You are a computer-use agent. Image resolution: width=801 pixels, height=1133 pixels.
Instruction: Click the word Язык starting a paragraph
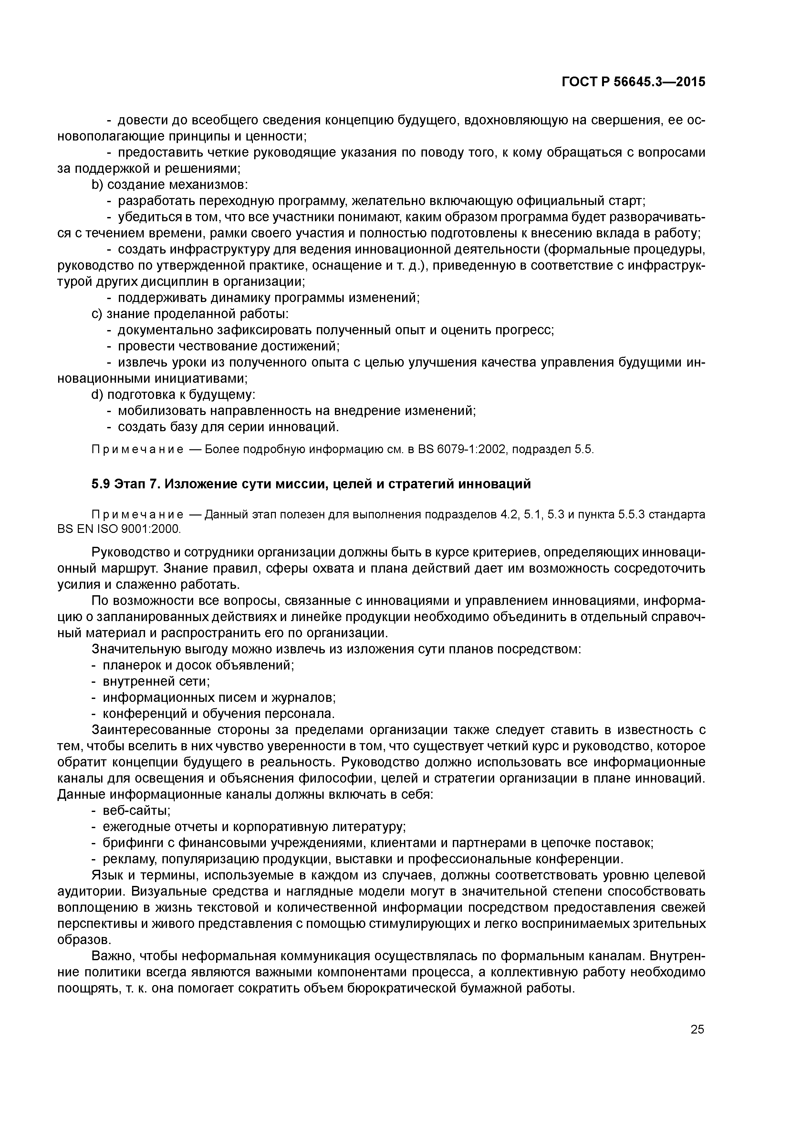click(x=106, y=875)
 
